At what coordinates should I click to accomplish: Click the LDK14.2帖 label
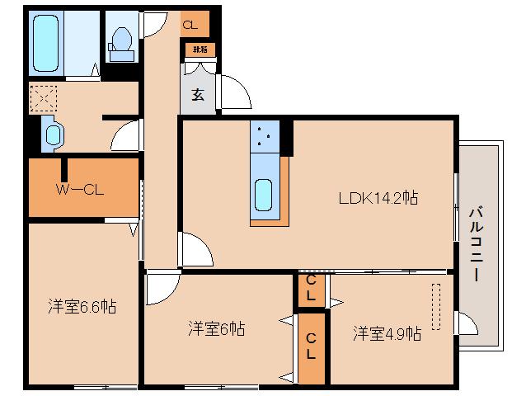click(378, 198)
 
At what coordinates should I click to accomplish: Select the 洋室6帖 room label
click(215, 328)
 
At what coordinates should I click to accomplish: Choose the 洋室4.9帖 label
click(387, 333)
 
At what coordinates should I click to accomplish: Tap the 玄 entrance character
click(198, 94)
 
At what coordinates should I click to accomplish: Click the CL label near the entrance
click(190, 26)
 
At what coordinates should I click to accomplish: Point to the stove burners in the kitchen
click(265, 137)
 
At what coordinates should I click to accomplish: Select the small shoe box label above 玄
click(200, 49)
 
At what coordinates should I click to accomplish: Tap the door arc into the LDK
click(195, 250)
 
